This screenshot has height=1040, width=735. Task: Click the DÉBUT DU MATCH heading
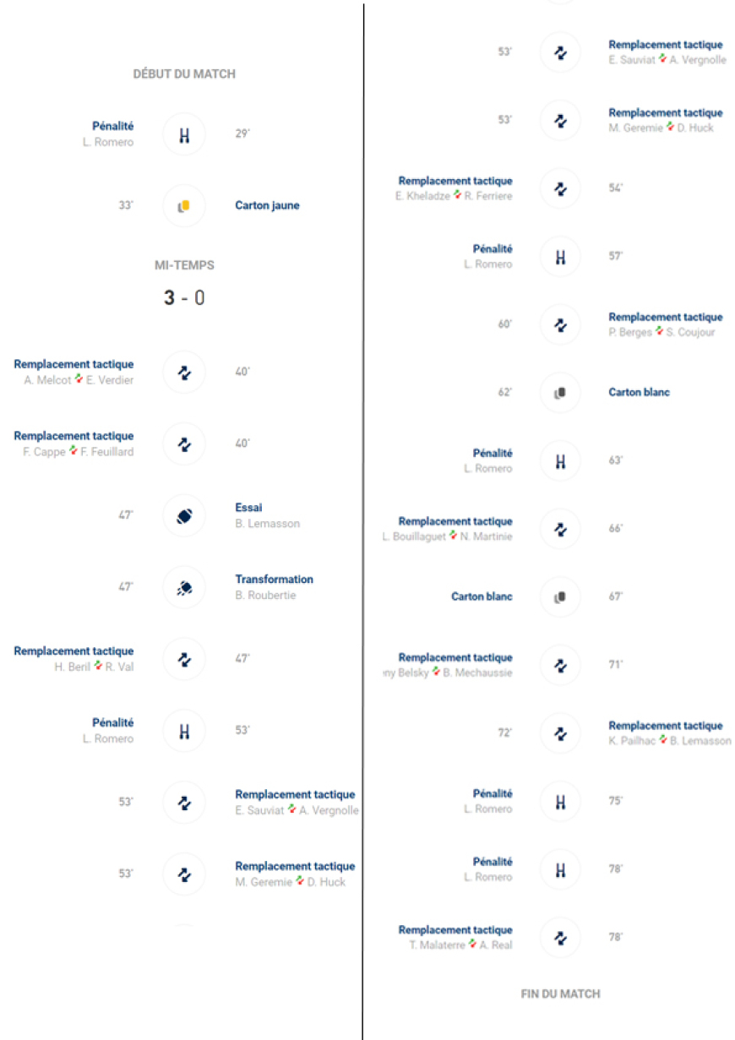(184, 74)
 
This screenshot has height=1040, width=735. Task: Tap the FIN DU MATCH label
(560, 994)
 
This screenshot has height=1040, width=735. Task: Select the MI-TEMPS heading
(184, 265)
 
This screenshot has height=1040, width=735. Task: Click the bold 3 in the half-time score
(169, 298)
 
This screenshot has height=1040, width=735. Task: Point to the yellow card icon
(184, 205)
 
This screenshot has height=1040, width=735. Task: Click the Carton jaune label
(267, 205)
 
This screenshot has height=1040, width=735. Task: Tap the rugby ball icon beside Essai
(184, 515)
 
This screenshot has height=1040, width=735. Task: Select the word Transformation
(274, 580)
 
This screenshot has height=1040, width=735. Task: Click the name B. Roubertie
(265, 596)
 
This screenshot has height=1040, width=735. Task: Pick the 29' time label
(242, 134)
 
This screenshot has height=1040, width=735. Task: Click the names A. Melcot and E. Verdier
(79, 380)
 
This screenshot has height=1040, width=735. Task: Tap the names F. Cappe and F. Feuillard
(78, 452)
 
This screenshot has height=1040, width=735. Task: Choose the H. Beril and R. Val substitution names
(94, 667)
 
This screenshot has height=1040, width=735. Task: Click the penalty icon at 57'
(559, 257)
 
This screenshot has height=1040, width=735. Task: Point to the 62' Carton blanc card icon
(559, 393)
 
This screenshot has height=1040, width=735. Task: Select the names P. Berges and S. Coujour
(661, 333)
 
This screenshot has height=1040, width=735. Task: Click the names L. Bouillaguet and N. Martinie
(447, 537)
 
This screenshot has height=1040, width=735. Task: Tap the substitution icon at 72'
(559, 733)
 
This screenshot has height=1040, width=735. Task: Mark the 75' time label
(616, 802)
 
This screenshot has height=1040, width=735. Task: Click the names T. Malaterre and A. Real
(460, 945)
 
